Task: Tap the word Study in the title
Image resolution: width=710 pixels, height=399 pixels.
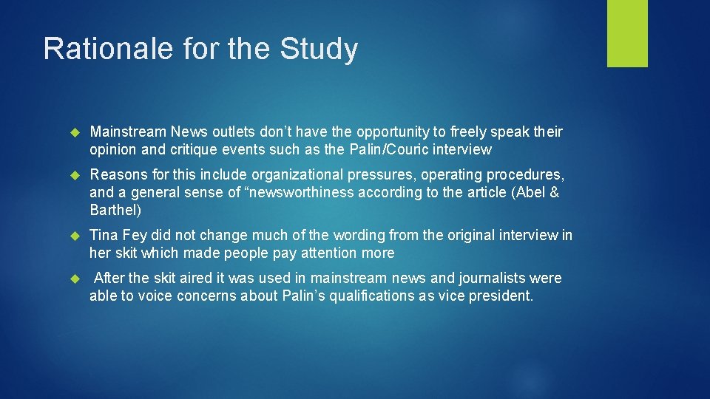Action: point(319,50)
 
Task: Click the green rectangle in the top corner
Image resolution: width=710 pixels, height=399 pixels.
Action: point(627,33)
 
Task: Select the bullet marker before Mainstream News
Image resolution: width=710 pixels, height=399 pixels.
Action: point(73,132)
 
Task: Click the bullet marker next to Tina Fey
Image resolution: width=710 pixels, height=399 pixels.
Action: point(73,236)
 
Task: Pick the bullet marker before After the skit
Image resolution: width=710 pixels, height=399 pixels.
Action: point(73,279)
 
